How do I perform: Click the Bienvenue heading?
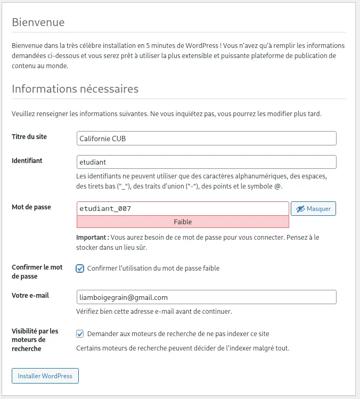[x=38, y=22]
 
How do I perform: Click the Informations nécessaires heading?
[x=75, y=88]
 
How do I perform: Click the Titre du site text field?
[x=207, y=139]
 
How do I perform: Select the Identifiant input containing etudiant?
[x=207, y=162]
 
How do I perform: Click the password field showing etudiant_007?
[x=183, y=208]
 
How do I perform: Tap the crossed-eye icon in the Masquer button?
[x=300, y=209]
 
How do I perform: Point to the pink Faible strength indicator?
[x=183, y=222]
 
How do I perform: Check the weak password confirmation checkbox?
[x=80, y=268]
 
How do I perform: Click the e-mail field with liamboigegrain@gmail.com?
[x=207, y=297]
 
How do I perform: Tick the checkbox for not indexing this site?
[x=80, y=334]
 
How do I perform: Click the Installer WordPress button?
[x=45, y=376]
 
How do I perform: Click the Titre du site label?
[x=29, y=137]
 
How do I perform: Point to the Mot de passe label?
[x=31, y=207]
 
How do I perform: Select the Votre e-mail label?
[x=30, y=295]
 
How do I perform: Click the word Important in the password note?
[x=92, y=238]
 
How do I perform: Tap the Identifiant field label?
[x=27, y=160]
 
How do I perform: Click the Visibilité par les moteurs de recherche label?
[x=35, y=340]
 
